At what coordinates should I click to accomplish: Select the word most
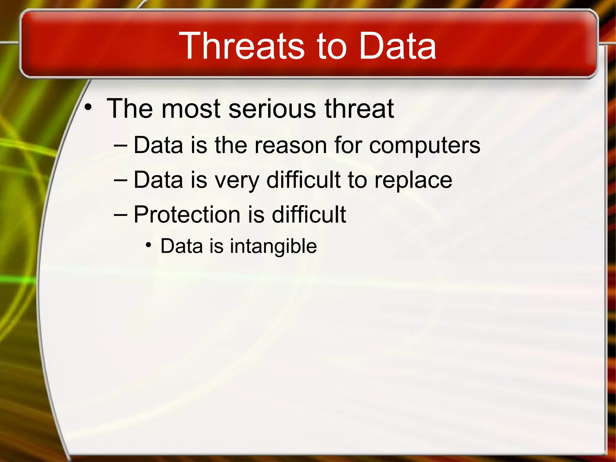[191, 109]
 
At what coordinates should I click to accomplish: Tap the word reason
[291, 146]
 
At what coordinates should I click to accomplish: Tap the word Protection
[187, 215]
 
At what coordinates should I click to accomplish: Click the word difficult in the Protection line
[309, 215]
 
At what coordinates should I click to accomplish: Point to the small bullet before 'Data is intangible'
[148, 245]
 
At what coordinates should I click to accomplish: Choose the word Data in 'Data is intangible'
[182, 246]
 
